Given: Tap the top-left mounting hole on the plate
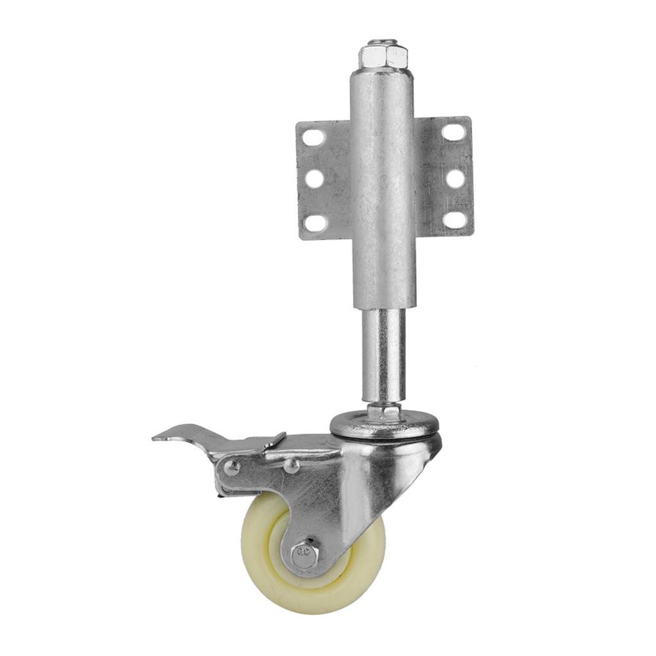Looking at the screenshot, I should pos(314,137).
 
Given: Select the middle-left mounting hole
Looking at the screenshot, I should pos(314,179).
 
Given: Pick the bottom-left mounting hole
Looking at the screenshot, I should pos(315,222).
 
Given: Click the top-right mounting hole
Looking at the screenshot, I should pos(454,133).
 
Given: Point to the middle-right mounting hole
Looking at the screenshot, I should pos(455,178).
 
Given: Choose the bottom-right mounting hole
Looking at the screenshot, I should pos(455,220).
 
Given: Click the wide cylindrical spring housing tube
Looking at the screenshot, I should pos(383,192).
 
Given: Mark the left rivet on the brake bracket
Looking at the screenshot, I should pos(233,468).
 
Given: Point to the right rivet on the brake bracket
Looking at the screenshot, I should pos(291,466).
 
